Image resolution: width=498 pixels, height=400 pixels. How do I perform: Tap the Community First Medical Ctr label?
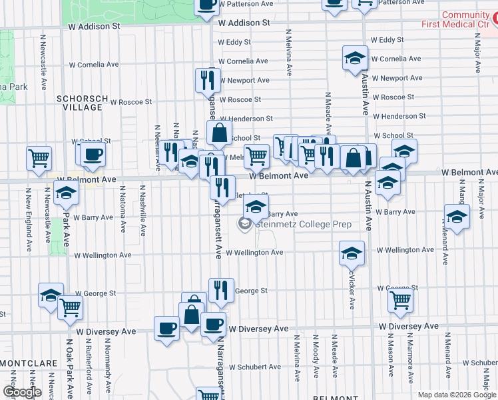coord(456,19)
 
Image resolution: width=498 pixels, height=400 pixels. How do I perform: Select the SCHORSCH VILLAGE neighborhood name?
coord(82,103)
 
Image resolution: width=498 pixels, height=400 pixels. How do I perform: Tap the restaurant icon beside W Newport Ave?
coord(208,80)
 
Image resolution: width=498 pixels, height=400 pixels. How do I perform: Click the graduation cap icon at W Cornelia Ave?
coord(356,58)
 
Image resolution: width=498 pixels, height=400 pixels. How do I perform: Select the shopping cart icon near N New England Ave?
coord(39,157)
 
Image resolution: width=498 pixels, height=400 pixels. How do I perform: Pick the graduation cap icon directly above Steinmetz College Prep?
coord(255,206)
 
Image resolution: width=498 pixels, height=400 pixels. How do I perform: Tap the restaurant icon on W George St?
coord(221,289)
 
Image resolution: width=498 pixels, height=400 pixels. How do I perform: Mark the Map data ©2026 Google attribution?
coord(456,395)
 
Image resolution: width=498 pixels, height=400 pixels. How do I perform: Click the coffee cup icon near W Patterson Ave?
coord(206,4)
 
